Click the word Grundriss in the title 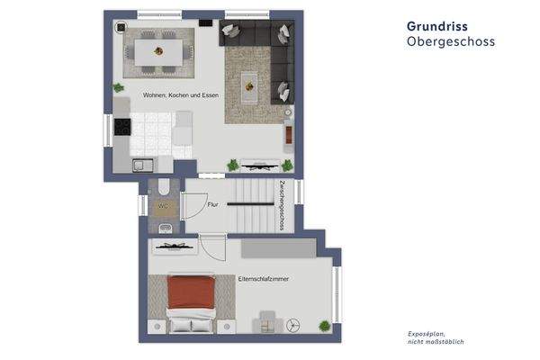pos(436,26)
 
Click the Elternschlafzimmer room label pos(265,280)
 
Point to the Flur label pos(213,205)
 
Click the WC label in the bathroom pos(163,206)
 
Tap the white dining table pos(157,49)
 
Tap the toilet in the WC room pos(164,187)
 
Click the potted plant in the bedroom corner pos(324,325)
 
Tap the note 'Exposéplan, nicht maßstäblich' pos(436,337)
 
